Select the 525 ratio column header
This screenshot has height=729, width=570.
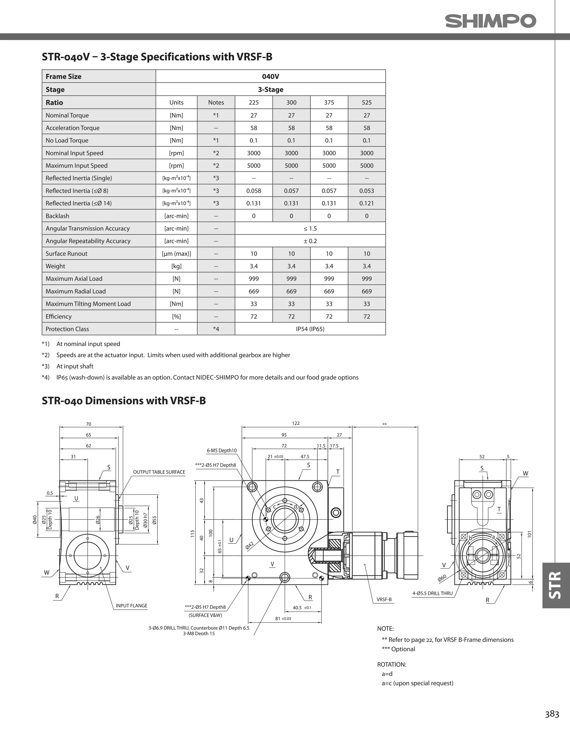pyautogui.click(x=366, y=102)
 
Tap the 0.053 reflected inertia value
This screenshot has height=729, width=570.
pyautogui.click(x=366, y=191)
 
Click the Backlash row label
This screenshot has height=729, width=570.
pyautogui.click(x=57, y=216)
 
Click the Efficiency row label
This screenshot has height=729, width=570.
pyautogui.click(x=58, y=316)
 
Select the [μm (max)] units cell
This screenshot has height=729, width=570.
pyautogui.click(x=176, y=254)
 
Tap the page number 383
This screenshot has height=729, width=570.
pyautogui.click(x=552, y=714)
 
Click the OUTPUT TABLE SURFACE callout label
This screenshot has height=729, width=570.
pyautogui.click(x=159, y=472)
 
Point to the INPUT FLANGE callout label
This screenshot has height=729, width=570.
pyautogui.click(x=131, y=605)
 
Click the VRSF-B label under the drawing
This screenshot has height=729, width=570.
pyautogui.click(x=384, y=599)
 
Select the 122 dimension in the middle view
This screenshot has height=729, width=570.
pyautogui.click(x=296, y=423)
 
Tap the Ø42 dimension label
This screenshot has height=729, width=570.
pyautogui.click(x=249, y=545)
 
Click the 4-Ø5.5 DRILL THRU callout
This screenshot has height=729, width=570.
pyautogui.click(x=432, y=593)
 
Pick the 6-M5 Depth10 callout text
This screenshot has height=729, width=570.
pyautogui.click(x=221, y=451)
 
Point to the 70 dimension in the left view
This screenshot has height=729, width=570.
pyautogui.click(x=89, y=424)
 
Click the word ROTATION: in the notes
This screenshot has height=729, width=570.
pyautogui.click(x=391, y=664)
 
